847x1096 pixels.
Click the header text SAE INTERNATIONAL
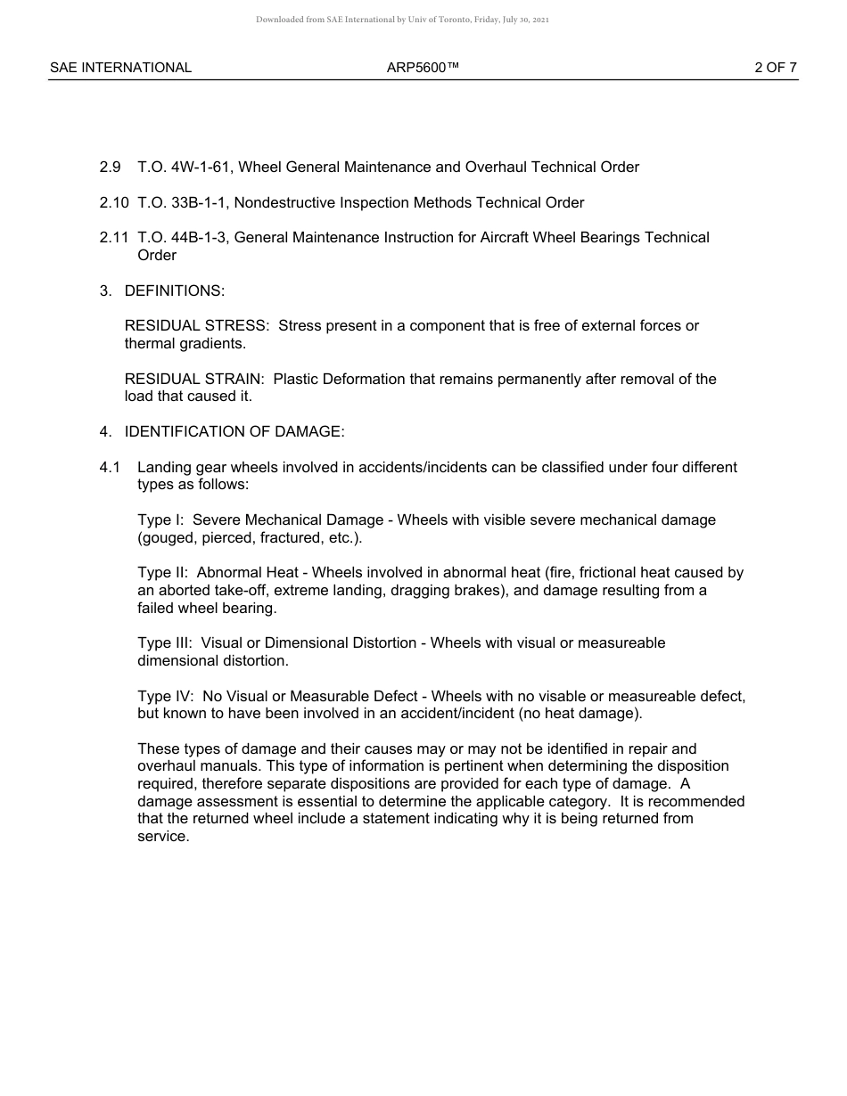(x=120, y=68)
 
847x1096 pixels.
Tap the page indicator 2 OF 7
(x=775, y=68)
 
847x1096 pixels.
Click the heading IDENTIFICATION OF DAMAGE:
(x=234, y=432)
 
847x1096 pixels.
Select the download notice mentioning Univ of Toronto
(x=402, y=20)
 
